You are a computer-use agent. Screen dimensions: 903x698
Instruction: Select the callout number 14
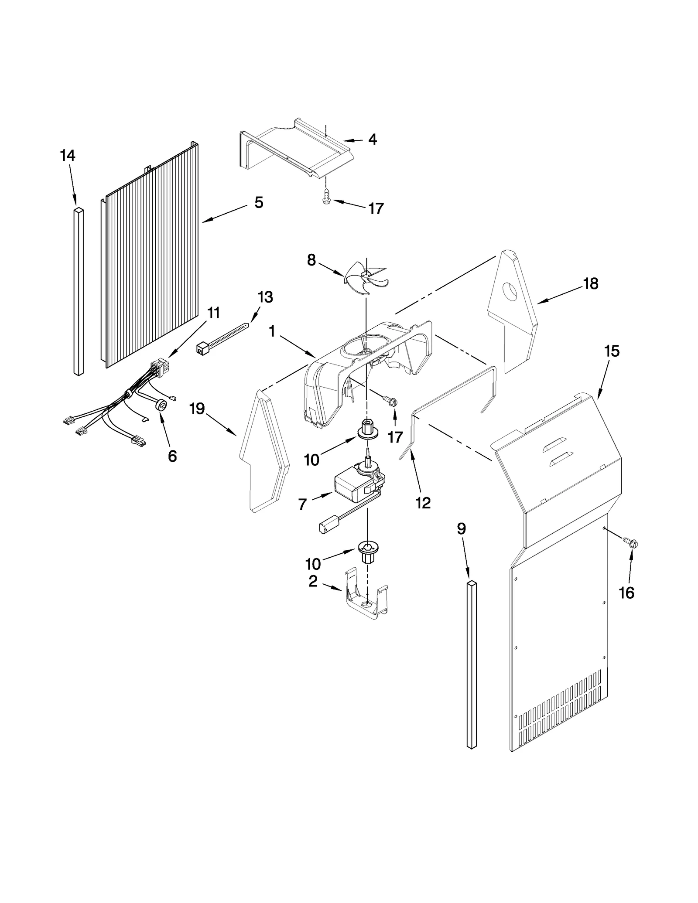pos(68,155)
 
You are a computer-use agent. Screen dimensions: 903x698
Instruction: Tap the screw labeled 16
pos(632,544)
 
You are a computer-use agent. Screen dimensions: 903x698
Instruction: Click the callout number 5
pos(259,202)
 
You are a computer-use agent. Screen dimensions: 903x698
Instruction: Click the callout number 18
pos(591,284)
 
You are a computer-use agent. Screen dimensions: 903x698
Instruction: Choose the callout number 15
pos(612,351)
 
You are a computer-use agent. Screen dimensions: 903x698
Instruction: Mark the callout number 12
pos(423,503)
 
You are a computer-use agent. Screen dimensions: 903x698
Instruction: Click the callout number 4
pos(372,139)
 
